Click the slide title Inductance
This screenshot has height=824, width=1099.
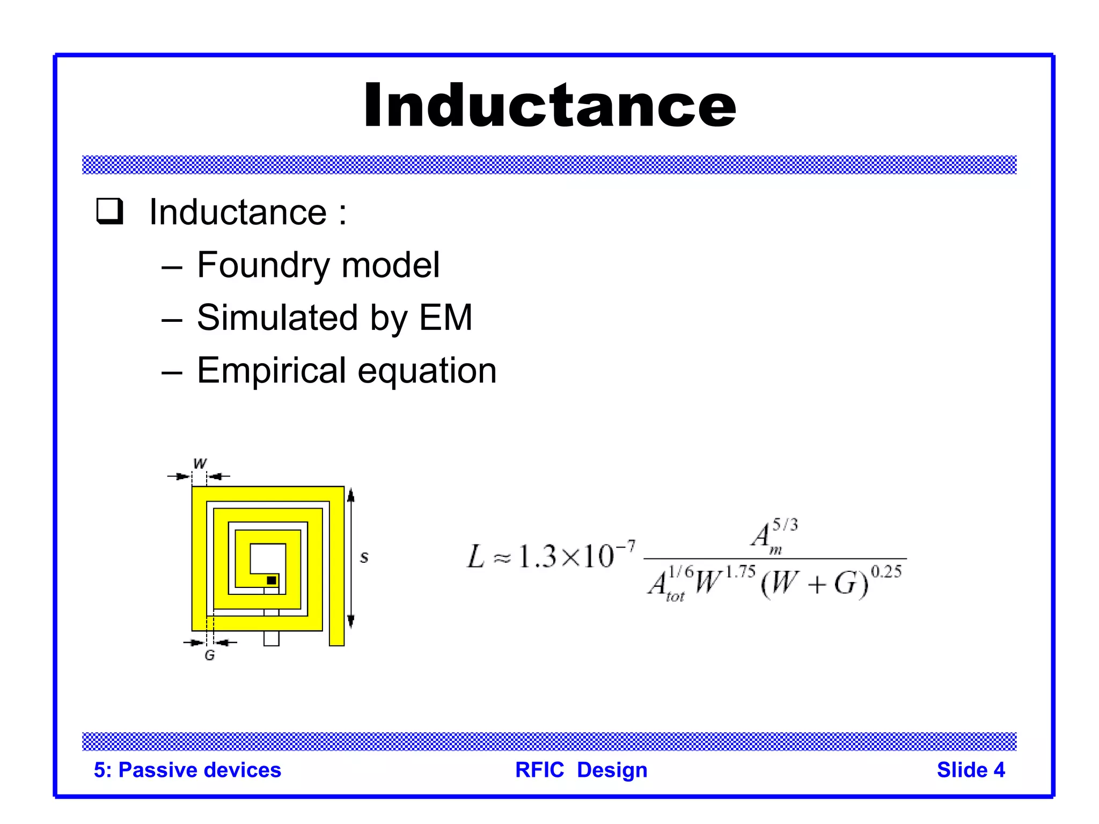(x=549, y=106)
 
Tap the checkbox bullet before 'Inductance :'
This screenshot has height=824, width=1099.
(x=110, y=211)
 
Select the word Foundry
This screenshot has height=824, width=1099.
(x=263, y=265)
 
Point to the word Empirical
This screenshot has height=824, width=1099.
(x=272, y=371)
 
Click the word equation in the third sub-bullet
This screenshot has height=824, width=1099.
(x=427, y=371)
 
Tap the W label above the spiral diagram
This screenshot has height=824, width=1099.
(x=200, y=464)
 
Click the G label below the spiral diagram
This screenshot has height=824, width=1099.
(x=210, y=655)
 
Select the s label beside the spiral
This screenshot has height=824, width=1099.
(x=364, y=557)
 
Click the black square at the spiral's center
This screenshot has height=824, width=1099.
(x=272, y=580)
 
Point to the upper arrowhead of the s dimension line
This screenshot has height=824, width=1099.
(x=351, y=495)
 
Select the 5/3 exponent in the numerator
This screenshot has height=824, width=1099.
(x=785, y=525)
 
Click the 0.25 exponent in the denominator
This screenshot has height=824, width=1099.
(x=886, y=572)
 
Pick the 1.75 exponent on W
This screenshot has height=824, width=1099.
(x=741, y=572)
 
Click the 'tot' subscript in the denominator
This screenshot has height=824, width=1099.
(x=675, y=597)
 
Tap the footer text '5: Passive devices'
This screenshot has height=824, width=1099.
(x=187, y=770)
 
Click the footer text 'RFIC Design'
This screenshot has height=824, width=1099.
(x=581, y=770)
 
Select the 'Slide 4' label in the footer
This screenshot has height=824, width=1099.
(x=970, y=770)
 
